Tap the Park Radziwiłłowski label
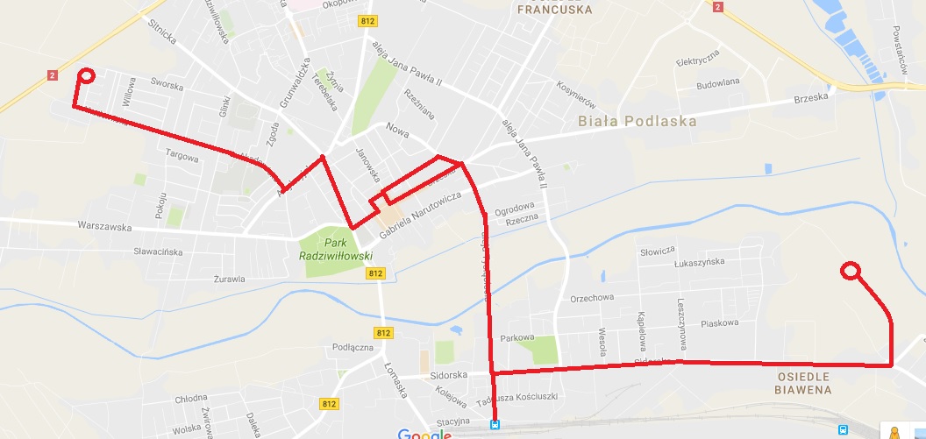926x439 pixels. point(337,249)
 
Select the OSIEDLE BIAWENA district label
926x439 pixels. point(802,383)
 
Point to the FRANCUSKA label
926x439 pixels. point(554,11)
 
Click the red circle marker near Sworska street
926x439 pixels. point(86,75)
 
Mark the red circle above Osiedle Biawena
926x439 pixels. point(849,271)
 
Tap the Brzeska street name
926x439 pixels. point(810,98)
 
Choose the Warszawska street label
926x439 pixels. point(104,227)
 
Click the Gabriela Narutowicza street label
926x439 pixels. point(420,216)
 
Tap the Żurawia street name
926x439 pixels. point(230,280)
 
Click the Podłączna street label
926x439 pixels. point(353,347)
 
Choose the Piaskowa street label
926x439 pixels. point(720,322)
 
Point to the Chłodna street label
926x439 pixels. point(191,399)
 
